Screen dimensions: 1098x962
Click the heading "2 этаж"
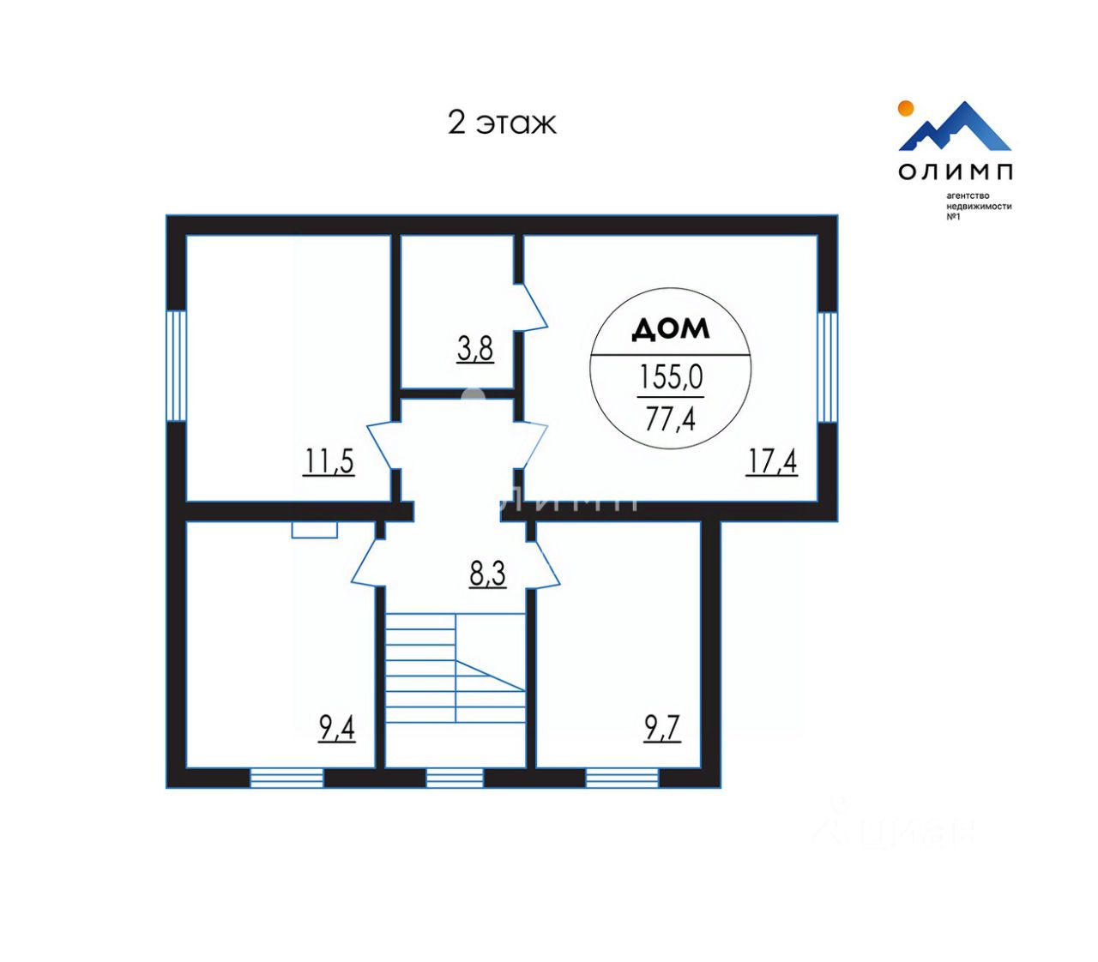click(x=502, y=123)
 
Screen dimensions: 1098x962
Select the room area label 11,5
click(x=329, y=461)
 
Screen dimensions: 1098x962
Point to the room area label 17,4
click(x=772, y=461)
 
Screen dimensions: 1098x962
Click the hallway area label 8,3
click(x=487, y=574)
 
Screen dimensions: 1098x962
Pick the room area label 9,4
click(x=337, y=729)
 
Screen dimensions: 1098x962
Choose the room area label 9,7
click(x=662, y=729)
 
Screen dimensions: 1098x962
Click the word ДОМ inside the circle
click(x=671, y=328)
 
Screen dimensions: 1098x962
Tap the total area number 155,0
click(x=671, y=376)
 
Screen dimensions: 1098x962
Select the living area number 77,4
click(x=671, y=418)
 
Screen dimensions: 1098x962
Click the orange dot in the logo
click(x=904, y=108)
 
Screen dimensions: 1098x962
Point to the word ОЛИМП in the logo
click(x=956, y=171)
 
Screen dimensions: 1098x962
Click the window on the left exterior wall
click(x=176, y=365)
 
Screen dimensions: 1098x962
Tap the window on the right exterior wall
click(x=827, y=367)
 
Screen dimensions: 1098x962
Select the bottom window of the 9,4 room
click(x=287, y=778)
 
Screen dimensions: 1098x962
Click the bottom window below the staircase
click(x=455, y=778)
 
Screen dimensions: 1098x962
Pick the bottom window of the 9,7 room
click(x=623, y=778)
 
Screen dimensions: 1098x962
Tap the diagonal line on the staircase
click(x=490, y=676)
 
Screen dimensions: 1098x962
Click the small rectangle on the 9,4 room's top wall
click(x=314, y=530)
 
